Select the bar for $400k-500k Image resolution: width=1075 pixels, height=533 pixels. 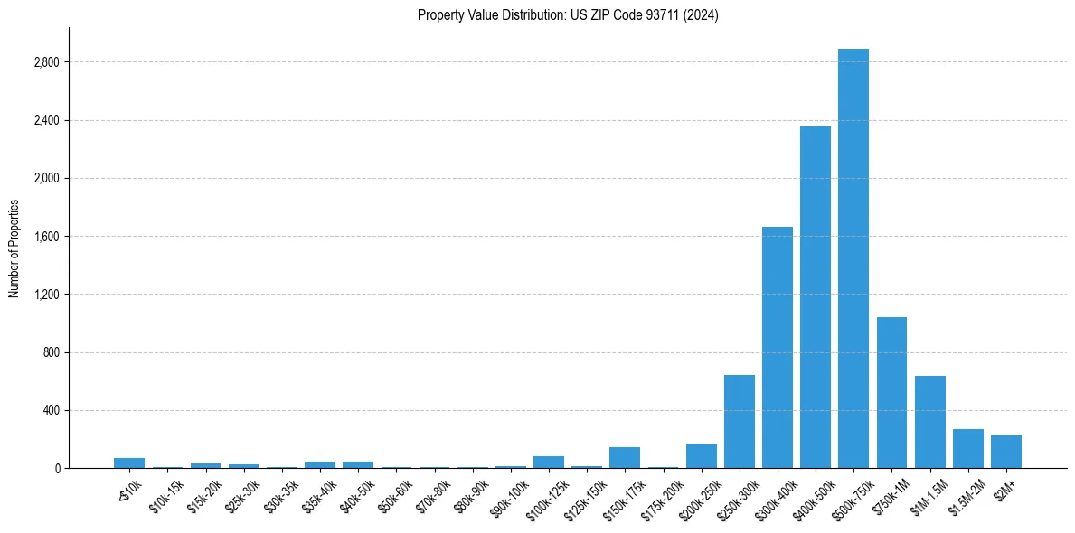(x=816, y=297)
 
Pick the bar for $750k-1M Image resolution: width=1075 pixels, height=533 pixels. (x=891, y=393)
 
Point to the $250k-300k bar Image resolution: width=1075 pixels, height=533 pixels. (x=740, y=422)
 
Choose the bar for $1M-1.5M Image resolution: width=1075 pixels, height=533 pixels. (x=930, y=422)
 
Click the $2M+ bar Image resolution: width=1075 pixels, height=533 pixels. (x=1006, y=452)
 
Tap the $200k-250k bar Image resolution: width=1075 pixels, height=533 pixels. (x=702, y=456)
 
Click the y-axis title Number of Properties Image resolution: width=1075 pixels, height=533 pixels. (x=14, y=248)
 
